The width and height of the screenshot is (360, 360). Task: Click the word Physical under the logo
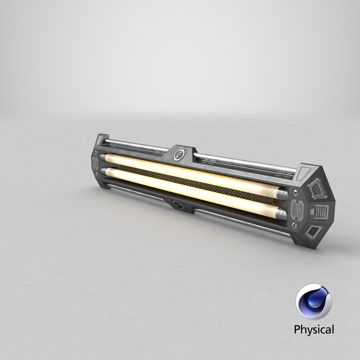[313, 330]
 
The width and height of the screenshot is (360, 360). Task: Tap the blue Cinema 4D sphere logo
[313, 302]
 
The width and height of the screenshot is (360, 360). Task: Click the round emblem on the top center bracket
[179, 154]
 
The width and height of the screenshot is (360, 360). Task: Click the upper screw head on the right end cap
[295, 193]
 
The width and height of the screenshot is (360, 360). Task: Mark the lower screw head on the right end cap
[295, 226]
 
